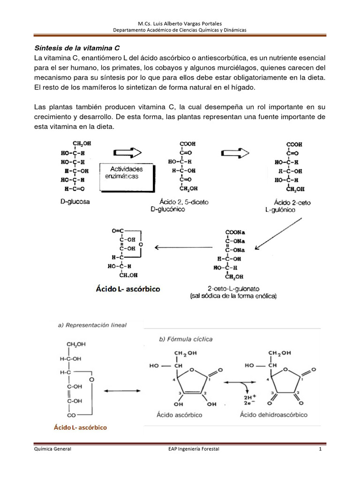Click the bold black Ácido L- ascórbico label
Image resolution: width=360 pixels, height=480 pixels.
pos(128,289)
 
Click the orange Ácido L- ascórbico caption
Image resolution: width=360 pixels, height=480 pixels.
pos(81,427)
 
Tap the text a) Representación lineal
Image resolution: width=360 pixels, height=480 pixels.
pos(91,324)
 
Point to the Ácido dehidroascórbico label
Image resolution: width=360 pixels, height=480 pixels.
pos(273,414)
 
